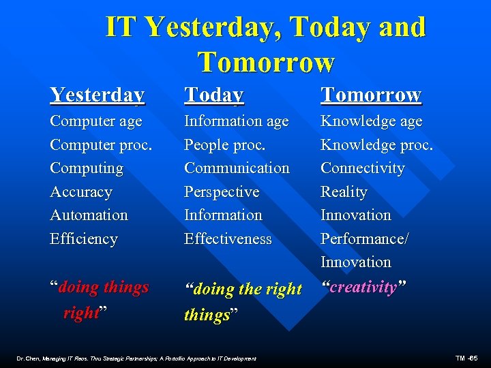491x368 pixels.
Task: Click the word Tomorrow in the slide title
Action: (x=266, y=62)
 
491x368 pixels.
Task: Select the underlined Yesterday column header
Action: (x=97, y=95)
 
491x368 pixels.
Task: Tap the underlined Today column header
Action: (x=213, y=95)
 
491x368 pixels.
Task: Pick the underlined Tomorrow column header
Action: (x=371, y=95)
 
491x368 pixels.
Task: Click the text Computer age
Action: (x=96, y=121)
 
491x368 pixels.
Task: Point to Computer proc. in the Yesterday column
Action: (x=101, y=145)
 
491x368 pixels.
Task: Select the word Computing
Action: (x=87, y=168)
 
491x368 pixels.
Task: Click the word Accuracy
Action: (x=81, y=192)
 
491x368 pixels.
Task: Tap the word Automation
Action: (x=89, y=215)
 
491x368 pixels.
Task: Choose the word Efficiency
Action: (x=84, y=239)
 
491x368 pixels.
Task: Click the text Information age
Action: (x=236, y=121)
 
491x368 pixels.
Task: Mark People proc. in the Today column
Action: (x=224, y=145)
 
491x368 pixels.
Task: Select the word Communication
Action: (x=237, y=168)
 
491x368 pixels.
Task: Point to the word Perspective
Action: (x=222, y=192)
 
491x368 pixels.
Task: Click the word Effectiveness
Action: (x=228, y=239)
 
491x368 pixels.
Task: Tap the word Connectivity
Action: (x=362, y=168)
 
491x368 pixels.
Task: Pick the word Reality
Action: (x=344, y=192)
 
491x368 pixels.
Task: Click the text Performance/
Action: (x=365, y=239)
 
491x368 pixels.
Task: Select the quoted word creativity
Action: (x=364, y=287)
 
